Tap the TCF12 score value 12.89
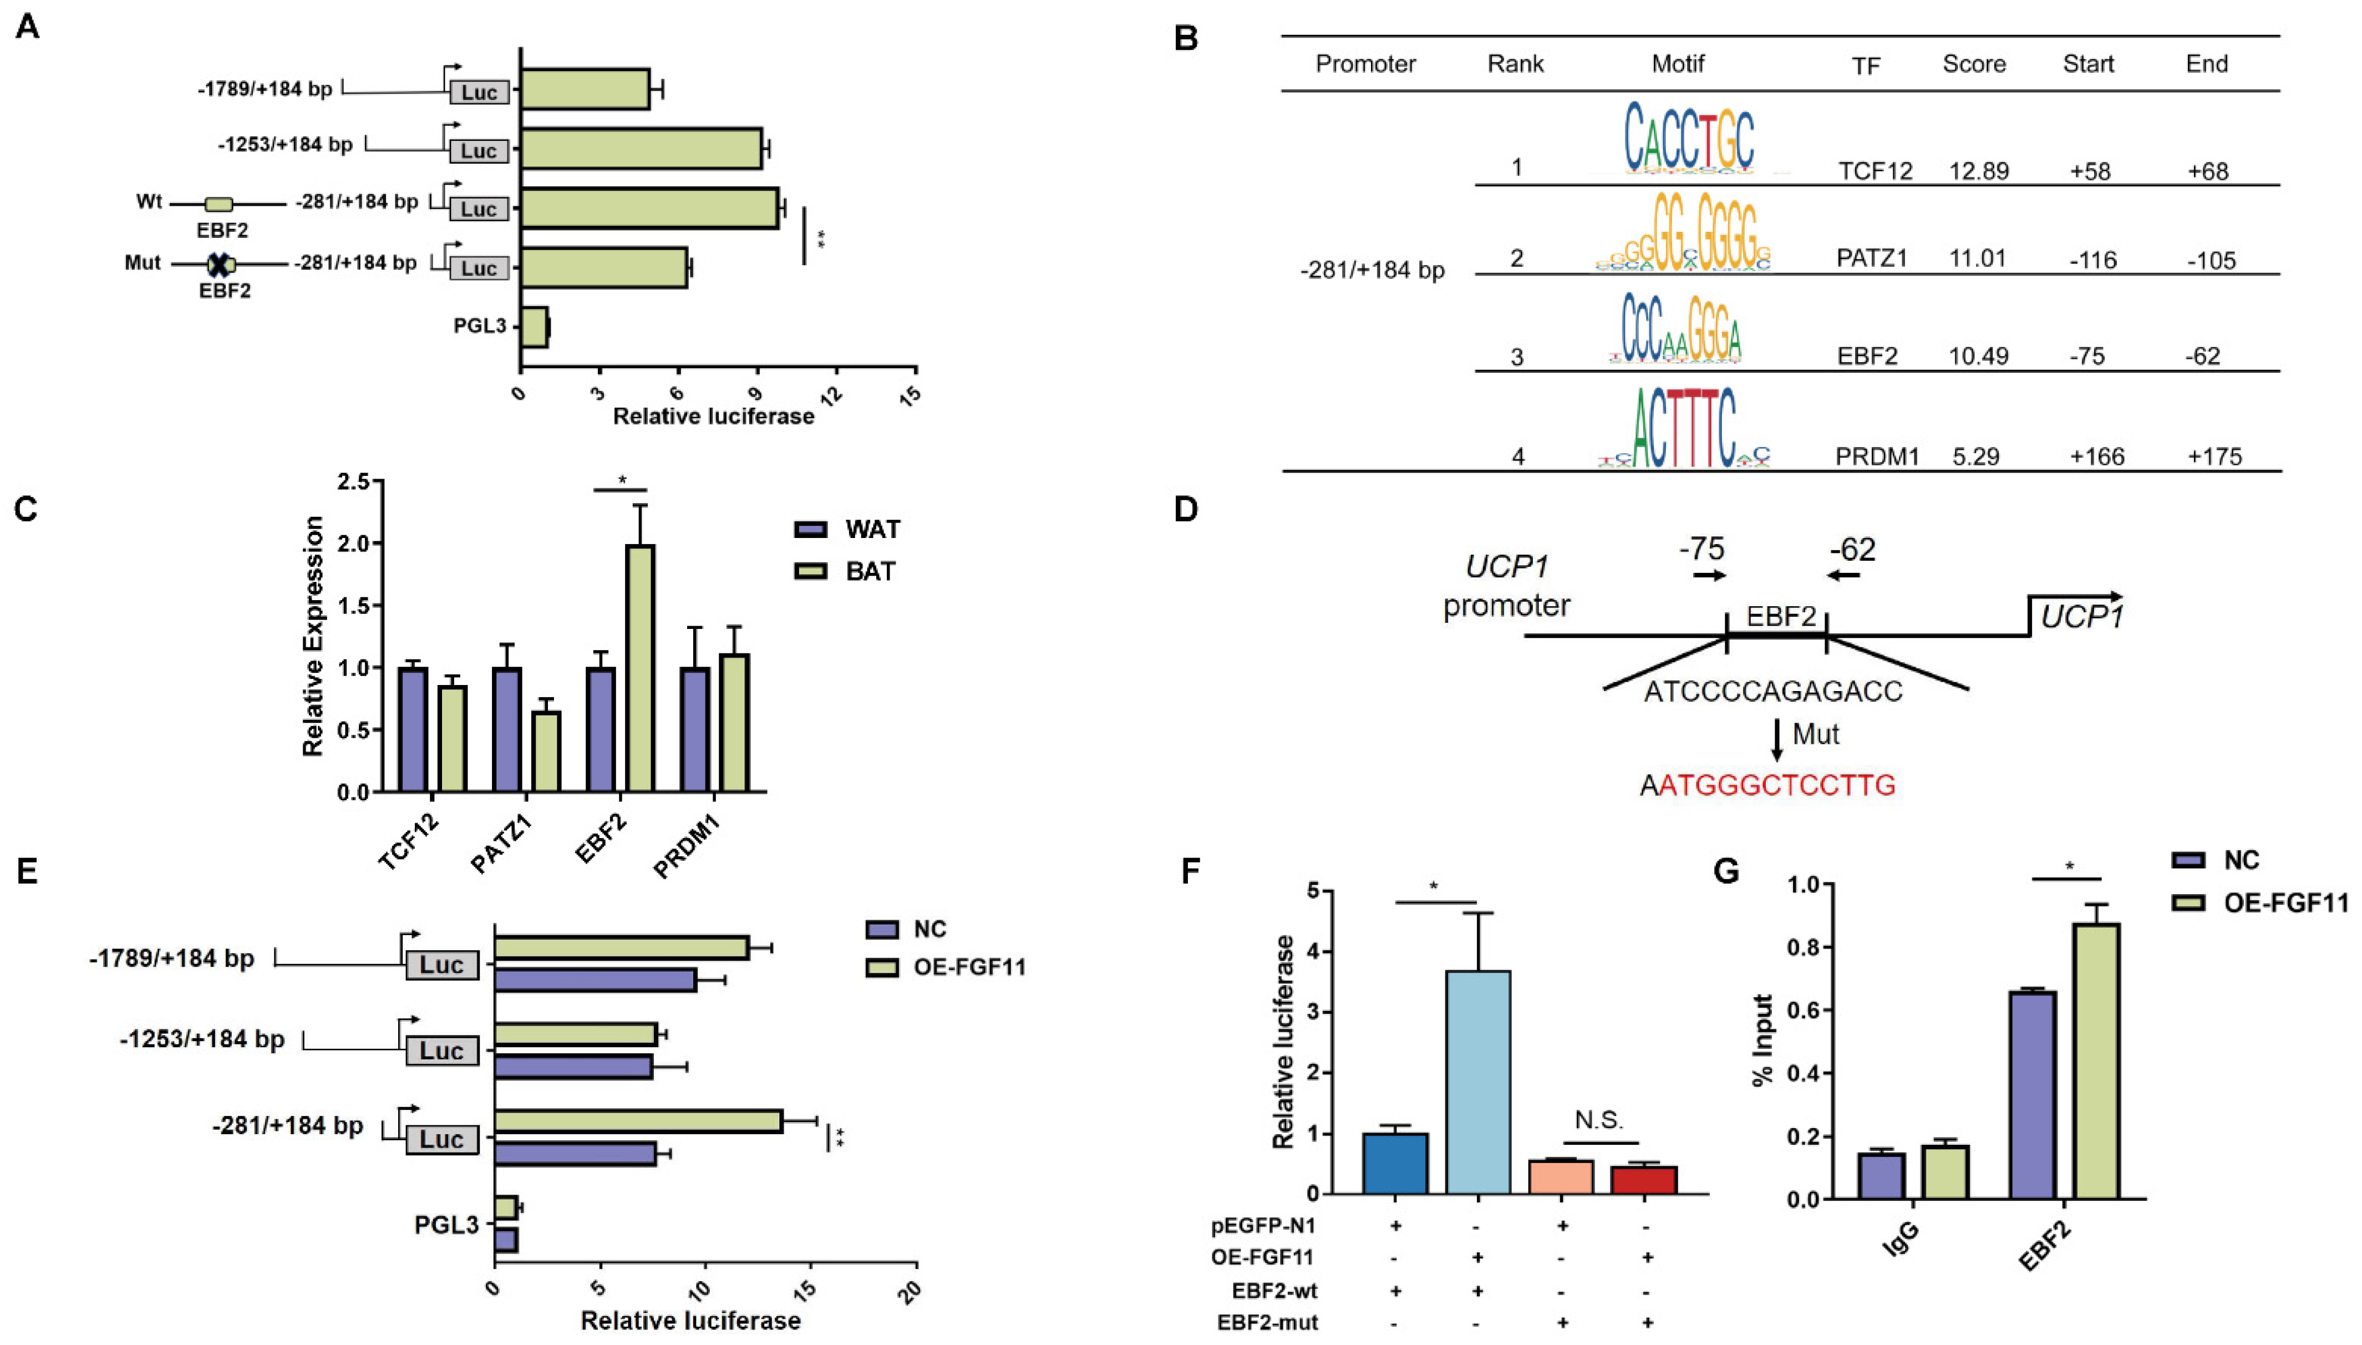click(x=1978, y=171)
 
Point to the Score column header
click(x=1974, y=64)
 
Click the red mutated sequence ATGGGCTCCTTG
click(x=1776, y=785)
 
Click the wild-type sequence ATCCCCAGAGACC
click(x=1773, y=691)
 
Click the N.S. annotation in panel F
click(x=1598, y=1120)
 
